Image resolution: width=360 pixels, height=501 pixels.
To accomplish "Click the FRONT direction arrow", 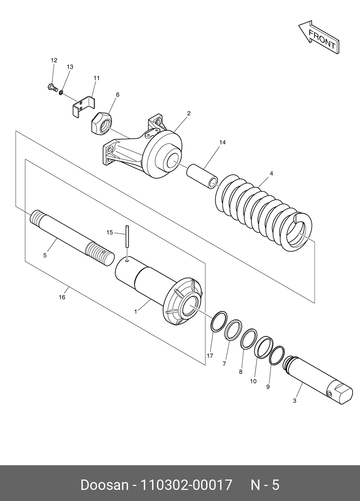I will point(319,37).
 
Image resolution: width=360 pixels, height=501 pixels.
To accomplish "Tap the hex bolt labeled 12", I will point(52,87).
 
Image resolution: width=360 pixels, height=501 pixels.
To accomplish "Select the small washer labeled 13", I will point(61,93).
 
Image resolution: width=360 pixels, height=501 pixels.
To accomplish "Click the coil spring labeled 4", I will point(263,211).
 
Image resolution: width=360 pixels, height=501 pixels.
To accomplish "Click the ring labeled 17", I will point(219,321).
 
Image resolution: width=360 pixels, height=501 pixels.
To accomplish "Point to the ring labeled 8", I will point(249,339).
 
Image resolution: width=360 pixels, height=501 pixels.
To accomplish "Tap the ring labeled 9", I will point(277,355).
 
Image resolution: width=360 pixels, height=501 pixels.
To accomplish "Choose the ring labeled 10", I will point(264,347).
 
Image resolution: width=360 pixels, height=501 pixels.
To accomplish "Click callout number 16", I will point(62,297).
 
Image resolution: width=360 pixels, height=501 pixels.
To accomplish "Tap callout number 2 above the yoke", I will point(189,113).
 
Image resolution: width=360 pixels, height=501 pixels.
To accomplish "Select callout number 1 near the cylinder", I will point(135,312).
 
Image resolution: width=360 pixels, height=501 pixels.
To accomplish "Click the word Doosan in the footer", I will point(104,485).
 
